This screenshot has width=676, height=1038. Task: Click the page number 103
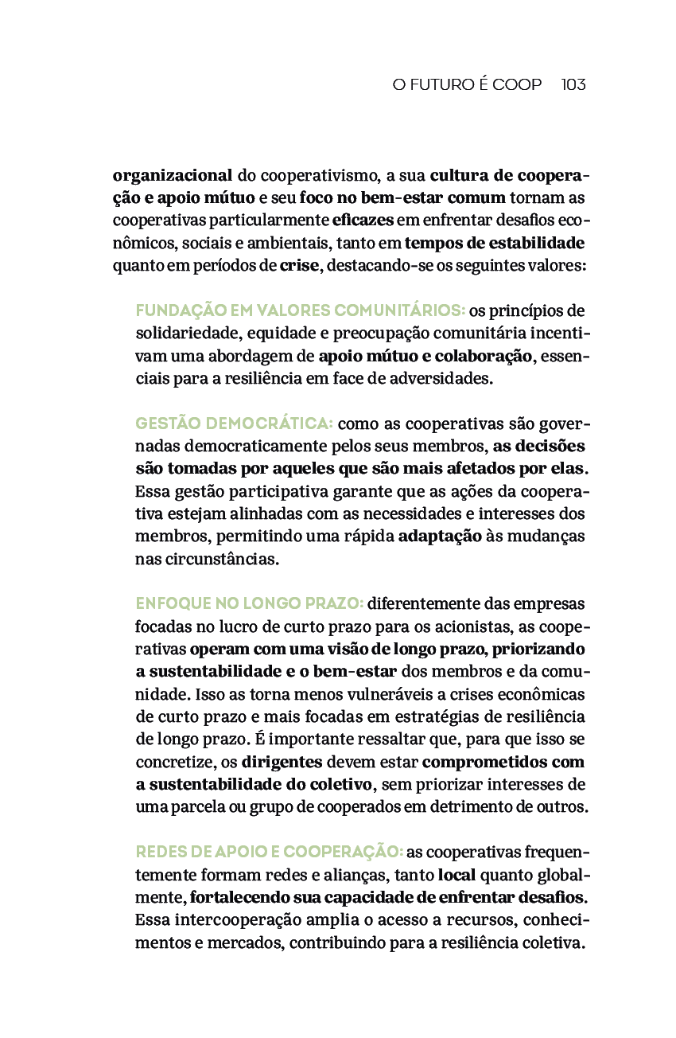(x=573, y=84)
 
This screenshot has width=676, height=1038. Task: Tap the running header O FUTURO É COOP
(x=467, y=84)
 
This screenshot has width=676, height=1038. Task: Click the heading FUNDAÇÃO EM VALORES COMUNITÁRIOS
(x=300, y=310)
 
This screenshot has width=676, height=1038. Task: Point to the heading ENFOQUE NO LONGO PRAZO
(x=250, y=603)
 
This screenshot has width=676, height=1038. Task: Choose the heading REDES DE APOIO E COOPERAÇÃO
(x=270, y=853)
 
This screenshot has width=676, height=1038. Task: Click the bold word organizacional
(x=173, y=175)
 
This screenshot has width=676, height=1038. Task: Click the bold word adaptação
(x=439, y=536)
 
